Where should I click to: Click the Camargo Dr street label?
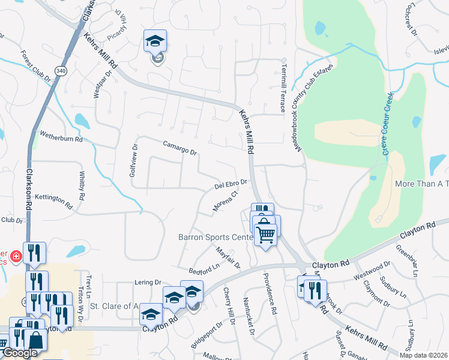click(180, 148)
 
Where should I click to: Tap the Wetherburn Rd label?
click(61, 136)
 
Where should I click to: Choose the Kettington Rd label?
click(53, 200)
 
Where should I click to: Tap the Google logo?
click(20, 352)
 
